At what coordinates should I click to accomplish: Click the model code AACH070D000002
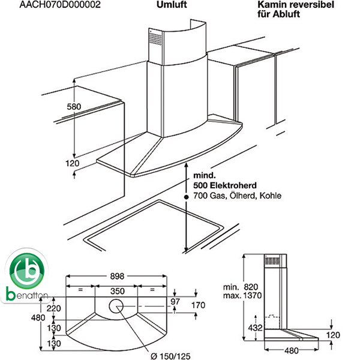[60, 5]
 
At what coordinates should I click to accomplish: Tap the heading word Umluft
[172, 5]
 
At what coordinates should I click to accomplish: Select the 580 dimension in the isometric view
[74, 107]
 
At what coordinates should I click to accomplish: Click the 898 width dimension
[117, 276]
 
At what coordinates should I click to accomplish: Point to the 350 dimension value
[118, 291]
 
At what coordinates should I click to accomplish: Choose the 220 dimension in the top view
[54, 308]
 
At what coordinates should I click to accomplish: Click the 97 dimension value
[175, 301]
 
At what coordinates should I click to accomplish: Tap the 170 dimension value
[199, 305]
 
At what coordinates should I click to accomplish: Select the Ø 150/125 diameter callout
[170, 356]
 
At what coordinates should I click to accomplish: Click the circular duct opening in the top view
[116, 306]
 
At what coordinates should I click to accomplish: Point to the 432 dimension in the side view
[256, 328]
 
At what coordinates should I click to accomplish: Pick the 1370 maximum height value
[253, 295]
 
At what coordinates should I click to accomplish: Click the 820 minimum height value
[251, 287]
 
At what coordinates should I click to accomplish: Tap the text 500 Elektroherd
[225, 185]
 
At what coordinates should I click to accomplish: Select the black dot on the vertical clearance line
[187, 197]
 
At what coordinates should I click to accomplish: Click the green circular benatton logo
[27, 271]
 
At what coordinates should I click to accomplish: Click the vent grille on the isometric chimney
[155, 38]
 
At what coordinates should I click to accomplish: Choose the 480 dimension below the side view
[292, 350]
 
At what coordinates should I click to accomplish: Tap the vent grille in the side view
[272, 260]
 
